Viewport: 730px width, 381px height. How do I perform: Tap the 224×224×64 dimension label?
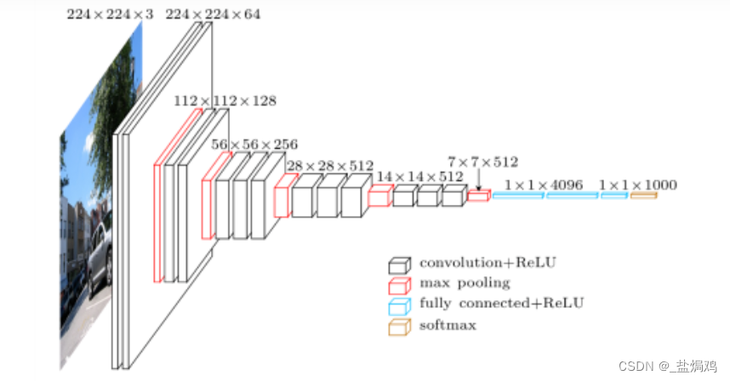(x=213, y=14)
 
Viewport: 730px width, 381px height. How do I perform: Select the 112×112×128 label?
(x=225, y=100)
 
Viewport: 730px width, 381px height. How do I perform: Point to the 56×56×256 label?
(x=254, y=145)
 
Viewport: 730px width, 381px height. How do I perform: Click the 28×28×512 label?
(x=329, y=166)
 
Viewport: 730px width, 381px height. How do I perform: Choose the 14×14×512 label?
(x=420, y=177)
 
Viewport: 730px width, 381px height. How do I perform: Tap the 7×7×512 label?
(x=482, y=161)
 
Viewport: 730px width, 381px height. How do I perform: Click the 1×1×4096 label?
(x=543, y=185)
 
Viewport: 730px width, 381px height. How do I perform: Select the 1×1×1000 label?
(x=637, y=185)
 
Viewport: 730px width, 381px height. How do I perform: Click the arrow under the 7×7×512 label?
(x=478, y=179)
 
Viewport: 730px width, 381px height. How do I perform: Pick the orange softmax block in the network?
(x=643, y=196)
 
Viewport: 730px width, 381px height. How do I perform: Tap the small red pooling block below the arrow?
(x=478, y=196)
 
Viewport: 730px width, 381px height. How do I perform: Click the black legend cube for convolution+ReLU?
(x=400, y=264)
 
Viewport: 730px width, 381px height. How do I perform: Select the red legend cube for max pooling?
(x=400, y=285)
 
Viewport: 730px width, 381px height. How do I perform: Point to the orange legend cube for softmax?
(x=400, y=326)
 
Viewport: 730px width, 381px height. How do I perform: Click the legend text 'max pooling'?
(x=465, y=283)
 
